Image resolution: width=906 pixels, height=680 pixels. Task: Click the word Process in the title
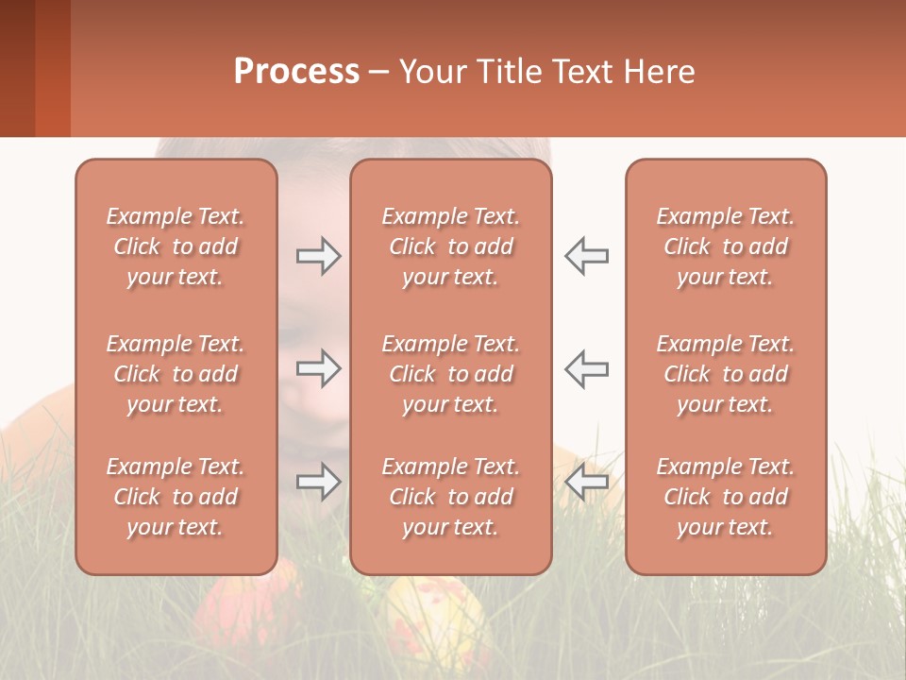point(296,72)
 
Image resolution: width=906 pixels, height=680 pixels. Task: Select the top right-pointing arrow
point(319,256)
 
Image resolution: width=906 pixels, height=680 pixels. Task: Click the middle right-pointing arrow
point(319,368)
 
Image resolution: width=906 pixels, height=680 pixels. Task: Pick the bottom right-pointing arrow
point(319,482)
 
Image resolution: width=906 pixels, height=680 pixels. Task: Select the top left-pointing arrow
point(586,256)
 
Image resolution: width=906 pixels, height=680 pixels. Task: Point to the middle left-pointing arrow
point(586,368)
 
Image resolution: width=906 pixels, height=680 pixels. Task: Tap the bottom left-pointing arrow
point(586,482)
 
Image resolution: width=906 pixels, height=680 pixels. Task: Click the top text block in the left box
point(176,246)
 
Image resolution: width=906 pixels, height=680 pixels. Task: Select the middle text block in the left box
point(176,374)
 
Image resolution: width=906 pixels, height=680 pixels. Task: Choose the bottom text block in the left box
point(176,497)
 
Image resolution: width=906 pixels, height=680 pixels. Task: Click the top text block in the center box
point(451,246)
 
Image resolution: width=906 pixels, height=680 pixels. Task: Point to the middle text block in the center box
point(451,374)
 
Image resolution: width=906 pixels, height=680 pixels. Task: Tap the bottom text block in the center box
point(451,497)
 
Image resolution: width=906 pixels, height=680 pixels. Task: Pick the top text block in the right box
point(726,246)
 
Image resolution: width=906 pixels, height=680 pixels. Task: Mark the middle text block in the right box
point(726,374)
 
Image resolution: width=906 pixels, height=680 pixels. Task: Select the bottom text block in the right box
point(726,497)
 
